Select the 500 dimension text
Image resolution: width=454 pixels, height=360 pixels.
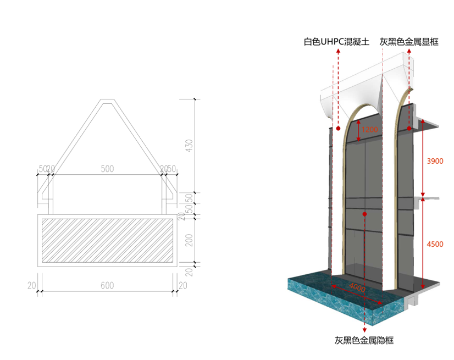click(107, 169)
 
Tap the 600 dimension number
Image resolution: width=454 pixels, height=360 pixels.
click(107, 285)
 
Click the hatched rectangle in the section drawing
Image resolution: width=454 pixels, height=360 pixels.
click(107, 240)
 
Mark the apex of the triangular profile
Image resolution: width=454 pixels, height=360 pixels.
click(107, 101)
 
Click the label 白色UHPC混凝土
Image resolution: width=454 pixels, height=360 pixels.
click(337, 42)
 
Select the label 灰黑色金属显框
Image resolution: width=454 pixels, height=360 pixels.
click(409, 42)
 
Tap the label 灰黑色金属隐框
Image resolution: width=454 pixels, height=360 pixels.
click(364, 341)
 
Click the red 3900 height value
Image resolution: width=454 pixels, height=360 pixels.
click(436, 161)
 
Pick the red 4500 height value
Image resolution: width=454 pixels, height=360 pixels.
click(436, 244)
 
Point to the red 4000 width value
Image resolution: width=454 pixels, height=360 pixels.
click(357, 287)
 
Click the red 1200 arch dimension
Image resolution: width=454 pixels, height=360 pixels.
click(370, 130)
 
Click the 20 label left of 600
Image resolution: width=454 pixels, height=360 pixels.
click(32, 285)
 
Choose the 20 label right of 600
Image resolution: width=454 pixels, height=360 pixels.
click(183, 285)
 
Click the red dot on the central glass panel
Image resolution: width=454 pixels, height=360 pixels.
click(365, 213)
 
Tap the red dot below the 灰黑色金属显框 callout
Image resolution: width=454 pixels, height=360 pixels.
click(409, 128)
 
